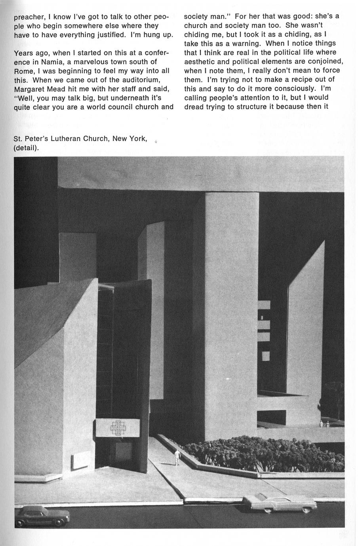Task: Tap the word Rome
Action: point(24,71)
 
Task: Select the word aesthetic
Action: point(202,61)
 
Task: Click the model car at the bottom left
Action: point(43,515)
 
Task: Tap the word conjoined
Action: point(325,61)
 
